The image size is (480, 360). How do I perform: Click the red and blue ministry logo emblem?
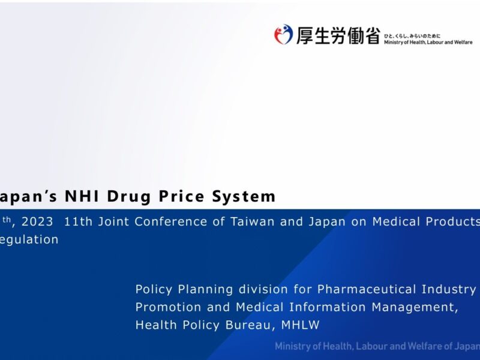pyautogui.click(x=283, y=34)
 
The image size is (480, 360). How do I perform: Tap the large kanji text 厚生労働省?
pyautogui.click(x=338, y=35)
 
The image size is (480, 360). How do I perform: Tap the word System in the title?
pyautogui.click(x=245, y=197)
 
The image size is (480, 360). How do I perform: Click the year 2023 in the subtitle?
pyautogui.click(x=37, y=221)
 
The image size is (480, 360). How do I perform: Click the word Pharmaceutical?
pyautogui.click(x=362, y=289)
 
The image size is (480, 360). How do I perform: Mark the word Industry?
pyautogui.click(x=446, y=289)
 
